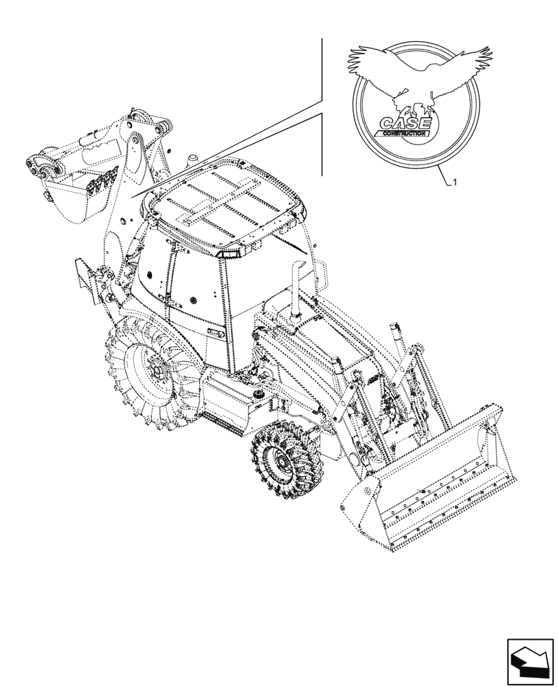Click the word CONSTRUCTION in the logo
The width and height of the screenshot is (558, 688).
point(403,133)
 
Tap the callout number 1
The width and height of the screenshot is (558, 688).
point(454,182)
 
